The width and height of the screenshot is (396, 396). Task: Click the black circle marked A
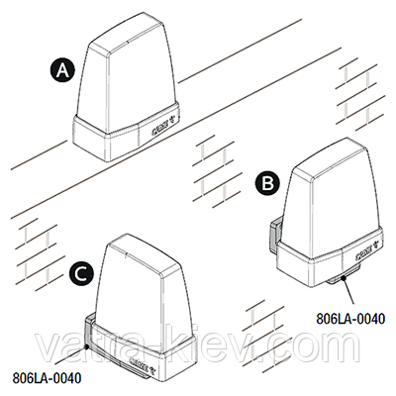click(x=62, y=71)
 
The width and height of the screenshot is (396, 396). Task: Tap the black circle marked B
click(x=267, y=184)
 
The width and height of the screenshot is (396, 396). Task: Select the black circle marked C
click(x=81, y=273)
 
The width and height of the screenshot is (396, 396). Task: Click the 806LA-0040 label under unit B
click(x=350, y=319)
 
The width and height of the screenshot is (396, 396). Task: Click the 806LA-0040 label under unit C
click(x=47, y=378)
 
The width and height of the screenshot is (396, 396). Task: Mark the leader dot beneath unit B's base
click(x=344, y=278)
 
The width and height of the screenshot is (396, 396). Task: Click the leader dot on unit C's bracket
click(x=86, y=346)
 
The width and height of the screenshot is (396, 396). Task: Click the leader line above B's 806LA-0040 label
click(x=348, y=291)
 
